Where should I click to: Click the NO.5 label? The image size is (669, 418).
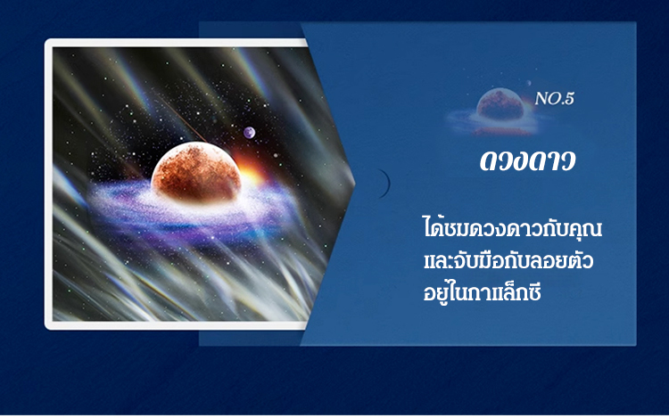click(554, 99)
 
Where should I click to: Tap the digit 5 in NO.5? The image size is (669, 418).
click(569, 99)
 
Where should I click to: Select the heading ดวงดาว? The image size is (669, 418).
click(528, 160)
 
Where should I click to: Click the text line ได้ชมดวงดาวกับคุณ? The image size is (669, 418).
click(512, 227)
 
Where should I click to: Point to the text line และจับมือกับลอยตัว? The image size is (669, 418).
click(508, 260)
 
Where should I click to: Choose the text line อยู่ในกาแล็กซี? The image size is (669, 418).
click(482, 292)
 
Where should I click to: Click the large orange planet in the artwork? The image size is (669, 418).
click(196, 173)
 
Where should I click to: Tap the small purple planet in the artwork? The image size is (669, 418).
click(249, 133)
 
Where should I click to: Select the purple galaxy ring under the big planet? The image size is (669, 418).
click(187, 209)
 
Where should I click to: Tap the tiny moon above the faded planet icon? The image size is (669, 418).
click(529, 83)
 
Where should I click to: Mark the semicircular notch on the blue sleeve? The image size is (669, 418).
click(387, 184)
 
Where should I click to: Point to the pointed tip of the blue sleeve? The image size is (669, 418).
click(354, 184)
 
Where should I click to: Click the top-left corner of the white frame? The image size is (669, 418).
click(45, 39)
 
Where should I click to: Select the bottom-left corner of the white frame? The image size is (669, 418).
click(45, 329)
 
